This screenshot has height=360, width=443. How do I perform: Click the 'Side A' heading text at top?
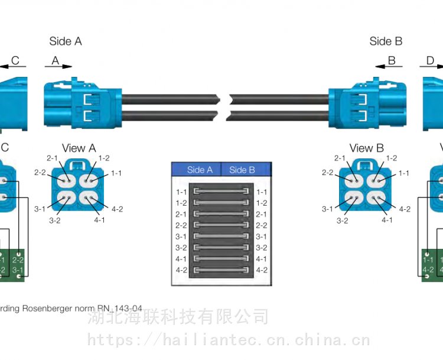[66, 41]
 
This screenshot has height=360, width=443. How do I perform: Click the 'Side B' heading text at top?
[386, 41]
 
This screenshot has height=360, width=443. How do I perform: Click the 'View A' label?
[79, 148]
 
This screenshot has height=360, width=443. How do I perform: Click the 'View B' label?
[366, 148]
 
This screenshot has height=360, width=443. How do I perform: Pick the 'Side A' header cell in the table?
[199, 170]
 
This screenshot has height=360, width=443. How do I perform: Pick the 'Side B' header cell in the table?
[242, 170]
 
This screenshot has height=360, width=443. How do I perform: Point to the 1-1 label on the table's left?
[181, 192]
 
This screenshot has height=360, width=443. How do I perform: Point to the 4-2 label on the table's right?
[262, 270]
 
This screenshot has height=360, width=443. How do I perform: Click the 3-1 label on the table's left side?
[181, 236]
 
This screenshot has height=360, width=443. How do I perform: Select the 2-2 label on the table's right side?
[262, 225]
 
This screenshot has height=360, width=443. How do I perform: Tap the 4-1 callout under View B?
[387, 220]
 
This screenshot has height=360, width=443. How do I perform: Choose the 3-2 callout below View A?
[54, 220]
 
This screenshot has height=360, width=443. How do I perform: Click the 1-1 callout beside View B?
[404, 173]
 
